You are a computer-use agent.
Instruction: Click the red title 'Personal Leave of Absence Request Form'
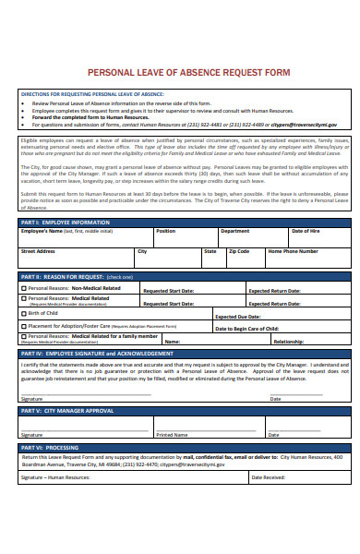[188, 72]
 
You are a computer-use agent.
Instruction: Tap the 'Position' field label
[165, 232]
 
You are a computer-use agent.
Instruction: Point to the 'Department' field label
[234, 232]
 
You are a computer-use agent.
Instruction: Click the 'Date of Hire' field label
[306, 232]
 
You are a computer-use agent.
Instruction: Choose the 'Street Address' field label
[38, 251]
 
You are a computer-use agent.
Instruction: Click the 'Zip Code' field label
[239, 251]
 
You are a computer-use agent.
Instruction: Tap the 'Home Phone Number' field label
[293, 251]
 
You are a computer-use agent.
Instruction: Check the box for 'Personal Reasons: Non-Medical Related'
[24, 288]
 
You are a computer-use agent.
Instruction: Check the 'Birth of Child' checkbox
[24, 314]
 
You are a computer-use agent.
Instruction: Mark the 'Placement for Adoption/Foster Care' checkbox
[24, 326]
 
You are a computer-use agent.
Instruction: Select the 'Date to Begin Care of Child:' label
[246, 329]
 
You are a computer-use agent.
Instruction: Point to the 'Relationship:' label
[289, 341]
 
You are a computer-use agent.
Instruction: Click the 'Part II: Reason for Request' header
[77, 277]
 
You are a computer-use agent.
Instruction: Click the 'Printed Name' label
[172, 408]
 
